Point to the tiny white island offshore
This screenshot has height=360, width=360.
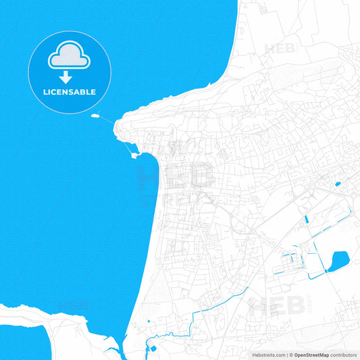pos(95,116)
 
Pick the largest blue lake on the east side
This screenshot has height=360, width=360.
pos(338,259)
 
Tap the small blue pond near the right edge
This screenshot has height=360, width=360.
pos(337,183)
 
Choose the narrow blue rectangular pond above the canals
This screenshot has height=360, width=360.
pos(306,219)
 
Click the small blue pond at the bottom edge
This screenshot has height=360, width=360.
pos(153,349)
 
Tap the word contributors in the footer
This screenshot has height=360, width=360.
pos(344,355)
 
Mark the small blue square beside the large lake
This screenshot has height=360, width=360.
pos(326,271)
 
